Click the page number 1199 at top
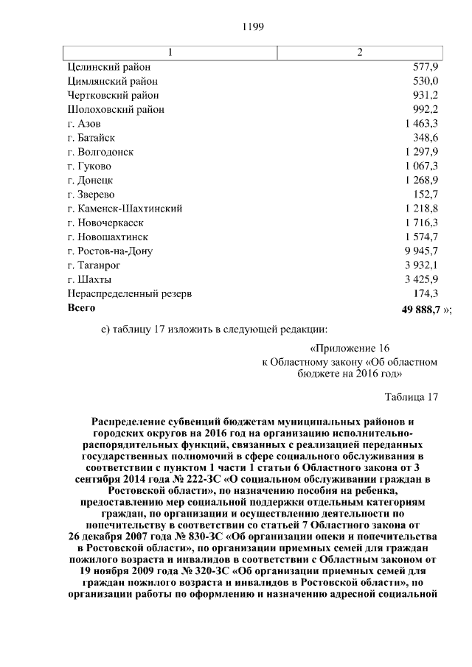coord(253,27)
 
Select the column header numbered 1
coord(170,53)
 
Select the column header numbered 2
coord(360,53)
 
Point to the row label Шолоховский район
coord(115,110)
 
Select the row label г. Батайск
coord(91,138)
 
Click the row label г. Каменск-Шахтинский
coord(125,209)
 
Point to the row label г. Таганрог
coord(93,265)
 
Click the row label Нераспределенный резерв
coord(129,293)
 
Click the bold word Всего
coord(81,307)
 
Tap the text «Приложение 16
coord(349,349)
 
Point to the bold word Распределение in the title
coord(132,421)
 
